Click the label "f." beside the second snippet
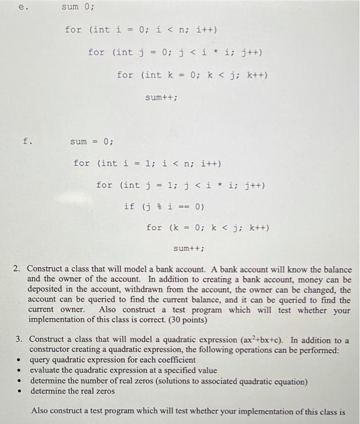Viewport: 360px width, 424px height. pos(27,142)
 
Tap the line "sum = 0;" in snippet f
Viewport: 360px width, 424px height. pos(92,142)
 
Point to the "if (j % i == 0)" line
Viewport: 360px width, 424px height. pos(164,207)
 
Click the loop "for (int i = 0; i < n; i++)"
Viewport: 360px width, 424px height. pos(141,30)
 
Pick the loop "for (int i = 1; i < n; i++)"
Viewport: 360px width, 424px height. pos(147,163)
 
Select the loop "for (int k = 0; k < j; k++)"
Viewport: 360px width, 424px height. pos(192,75)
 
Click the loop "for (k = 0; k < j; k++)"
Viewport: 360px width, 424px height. pos(208,228)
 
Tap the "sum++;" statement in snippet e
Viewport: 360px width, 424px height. pos(161,97)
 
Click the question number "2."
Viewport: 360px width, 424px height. pos(19,268)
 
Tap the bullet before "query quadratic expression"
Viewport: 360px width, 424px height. pos(21,360)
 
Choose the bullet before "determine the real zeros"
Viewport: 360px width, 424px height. pos(21,391)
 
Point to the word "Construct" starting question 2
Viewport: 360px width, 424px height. pos(47,268)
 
